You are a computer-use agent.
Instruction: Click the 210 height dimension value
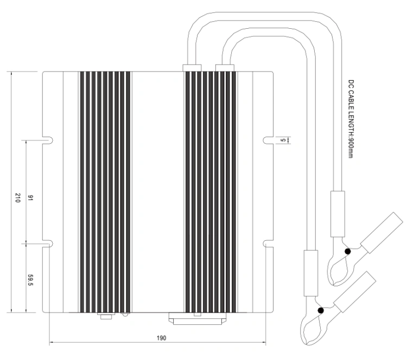[x=18, y=198]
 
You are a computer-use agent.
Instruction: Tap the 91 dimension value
[x=30, y=198]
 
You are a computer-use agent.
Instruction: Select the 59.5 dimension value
[x=30, y=280]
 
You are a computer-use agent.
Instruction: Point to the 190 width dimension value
[x=161, y=338]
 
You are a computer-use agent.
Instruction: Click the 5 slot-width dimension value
[x=284, y=140]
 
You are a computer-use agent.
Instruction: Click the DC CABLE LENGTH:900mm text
[x=351, y=119]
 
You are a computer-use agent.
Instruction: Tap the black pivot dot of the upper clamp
[x=347, y=252]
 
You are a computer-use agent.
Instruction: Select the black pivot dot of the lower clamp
[x=321, y=311]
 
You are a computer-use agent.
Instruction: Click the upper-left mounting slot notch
[x=48, y=140]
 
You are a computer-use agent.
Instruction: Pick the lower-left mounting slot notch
[x=48, y=244]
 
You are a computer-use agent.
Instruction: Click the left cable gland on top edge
[x=192, y=68]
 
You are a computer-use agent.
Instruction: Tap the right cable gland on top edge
[x=225, y=68]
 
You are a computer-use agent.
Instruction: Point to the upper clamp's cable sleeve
[x=338, y=214]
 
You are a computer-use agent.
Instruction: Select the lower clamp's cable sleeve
[x=311, y=273]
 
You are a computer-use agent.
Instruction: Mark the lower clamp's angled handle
[x=355, y=292]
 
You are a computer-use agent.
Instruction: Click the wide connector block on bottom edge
[x=198, y=318]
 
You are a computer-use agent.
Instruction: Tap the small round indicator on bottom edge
[x=125, y=314]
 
